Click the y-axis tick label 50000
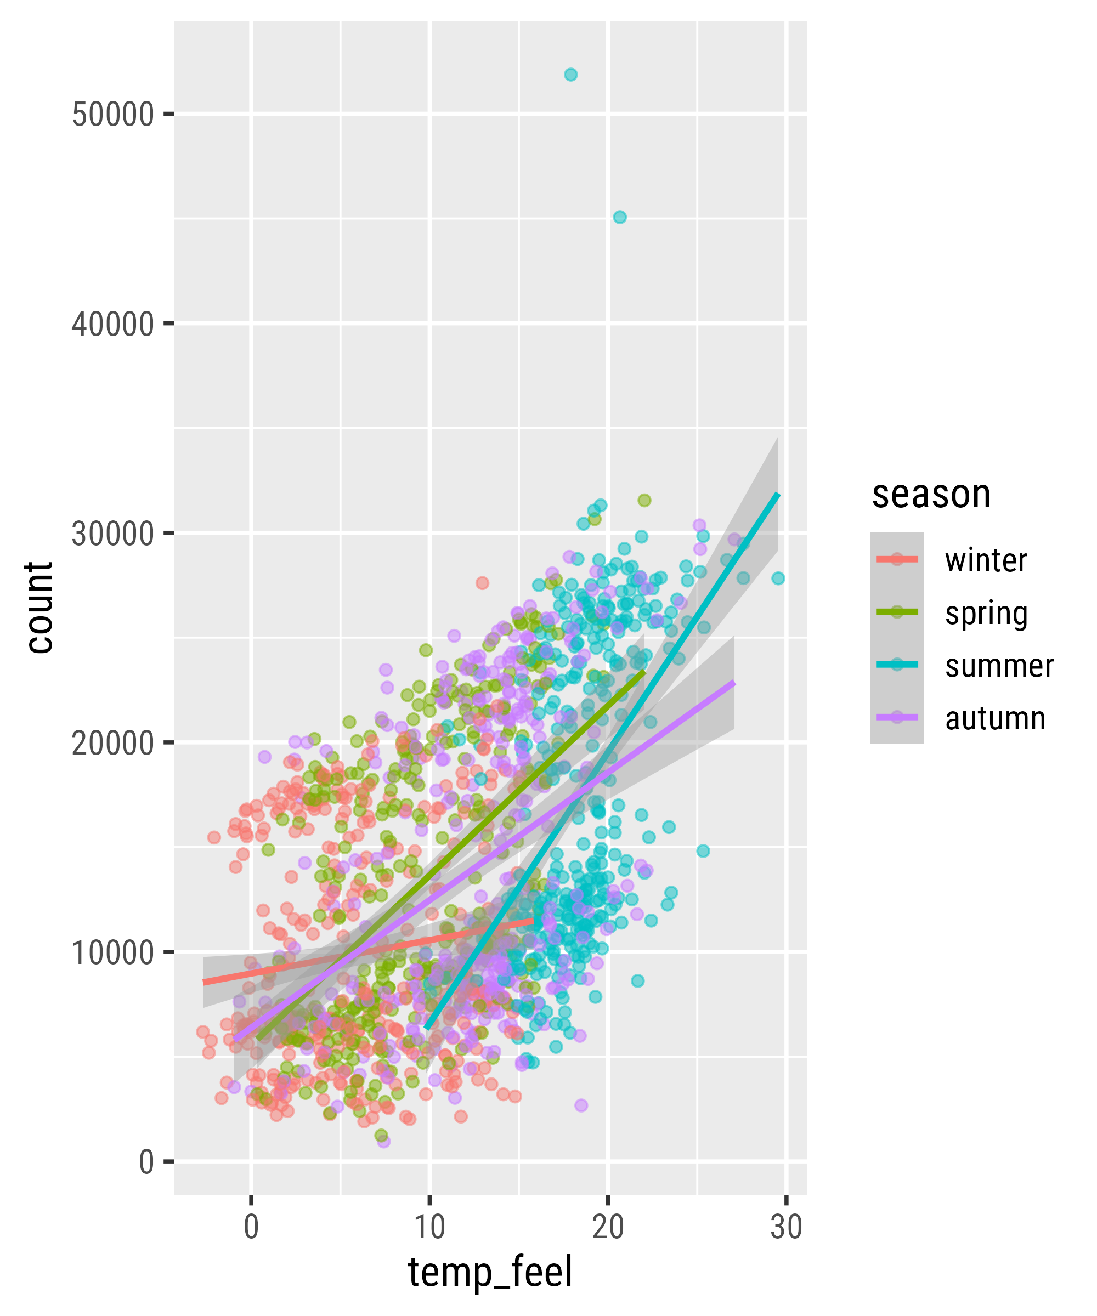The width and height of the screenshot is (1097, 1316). pyautogui.click(x=113, y=115)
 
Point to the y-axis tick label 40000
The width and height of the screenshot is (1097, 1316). pyautogui.click(x=113, y=324)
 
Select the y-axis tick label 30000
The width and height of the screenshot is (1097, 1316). pyautogui.click(x=113, y=534)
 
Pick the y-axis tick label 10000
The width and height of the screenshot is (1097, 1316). pyautogui.click(x=113, y=952)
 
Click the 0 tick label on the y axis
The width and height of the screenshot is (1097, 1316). pyautogui.click(x=146, y=1162)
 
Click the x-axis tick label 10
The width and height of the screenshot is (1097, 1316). pyautogui.click(x=429, y=1227)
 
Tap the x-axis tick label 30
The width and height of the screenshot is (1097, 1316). pyautogui.click(x=786, y=1227)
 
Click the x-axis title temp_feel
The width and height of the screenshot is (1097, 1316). pyautogui.click(x=490, y=1273)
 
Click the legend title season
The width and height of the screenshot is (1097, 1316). pyautogui.click(x=931, y=495)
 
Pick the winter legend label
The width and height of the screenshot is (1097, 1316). pyautogui.click(x=986, y=560)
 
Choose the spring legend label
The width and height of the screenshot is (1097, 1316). pyautogui.click(x=986, y=613)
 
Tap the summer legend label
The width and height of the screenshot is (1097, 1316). pyautogui.click(x=999, y=666)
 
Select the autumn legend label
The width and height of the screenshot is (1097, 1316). pyautogui.click(x=995, y=718)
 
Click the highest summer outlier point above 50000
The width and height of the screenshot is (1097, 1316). pyautogui.click(x=570, y=75)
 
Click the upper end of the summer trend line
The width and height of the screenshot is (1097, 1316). pyautogui.click(x=778, y=495)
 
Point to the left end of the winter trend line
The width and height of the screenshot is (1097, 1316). pyautogui.click(x=203, y=982)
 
